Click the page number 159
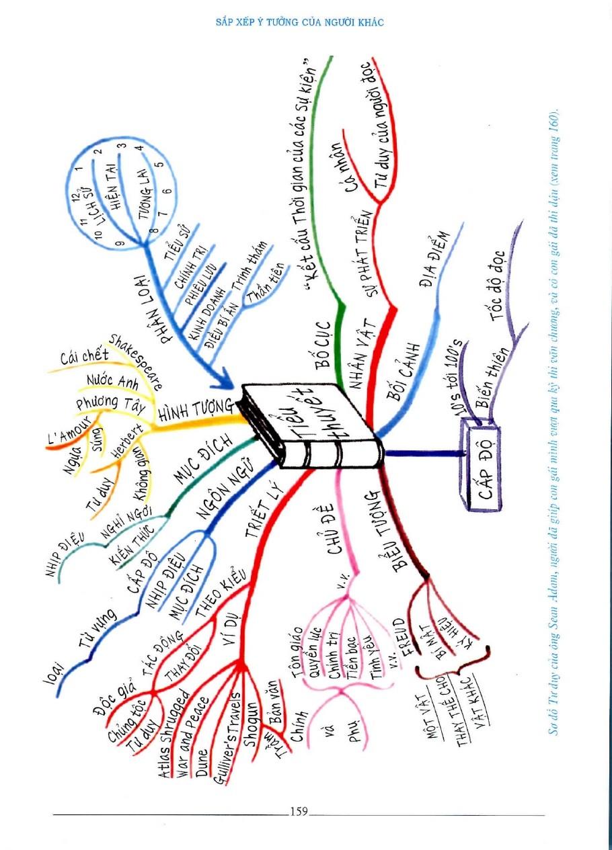(299, 811)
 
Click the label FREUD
(398, 639)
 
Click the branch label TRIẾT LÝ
(266, 513)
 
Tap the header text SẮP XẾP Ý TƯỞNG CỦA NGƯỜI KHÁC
(299, 22)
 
